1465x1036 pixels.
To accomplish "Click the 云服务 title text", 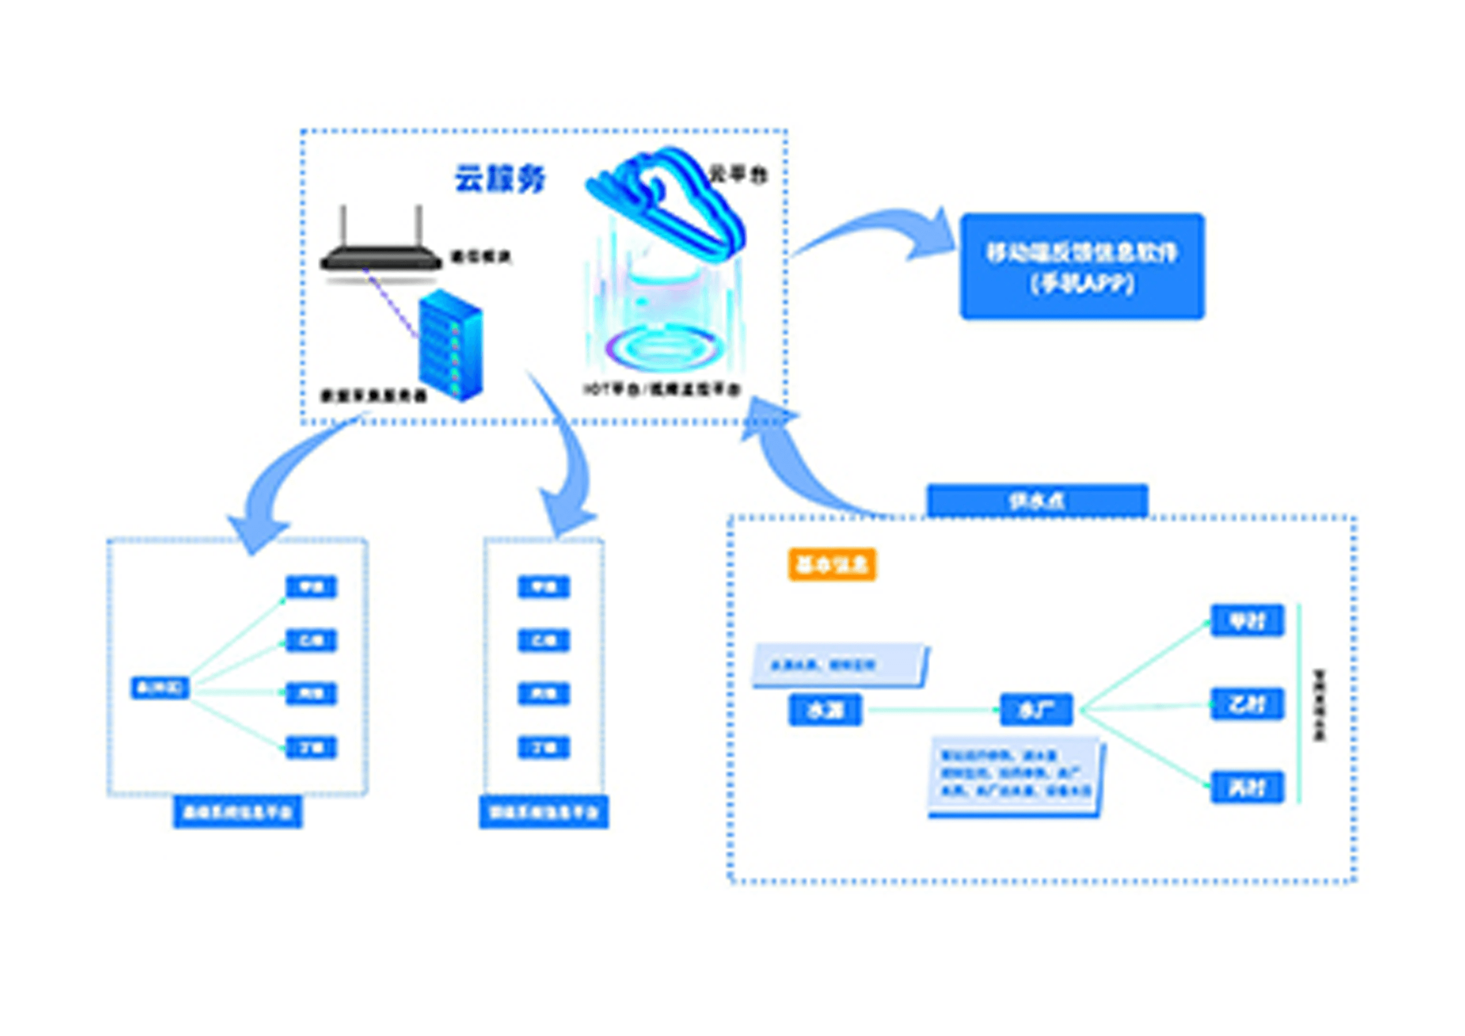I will coord(500,179).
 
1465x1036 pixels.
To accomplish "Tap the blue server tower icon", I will coord(450,346).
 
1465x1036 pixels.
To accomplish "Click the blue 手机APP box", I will coord(1082,267).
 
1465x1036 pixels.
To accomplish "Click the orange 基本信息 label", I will coord(832,565).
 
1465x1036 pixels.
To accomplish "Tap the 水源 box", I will coord(825,710).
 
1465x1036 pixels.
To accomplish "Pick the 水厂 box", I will coord(1036,710).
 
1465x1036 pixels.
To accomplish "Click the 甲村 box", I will coord(1247,620).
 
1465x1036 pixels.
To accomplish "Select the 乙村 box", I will coord(1247,704).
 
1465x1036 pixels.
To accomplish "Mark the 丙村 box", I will coord(1247,788).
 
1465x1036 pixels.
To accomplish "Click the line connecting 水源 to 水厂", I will coord(932,710).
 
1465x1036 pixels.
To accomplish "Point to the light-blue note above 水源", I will coord(840,665).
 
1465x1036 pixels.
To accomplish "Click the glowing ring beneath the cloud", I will coord(659,349).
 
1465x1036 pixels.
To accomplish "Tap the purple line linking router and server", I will coord(391,303).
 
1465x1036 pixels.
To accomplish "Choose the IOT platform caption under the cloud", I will coord(662,390).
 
